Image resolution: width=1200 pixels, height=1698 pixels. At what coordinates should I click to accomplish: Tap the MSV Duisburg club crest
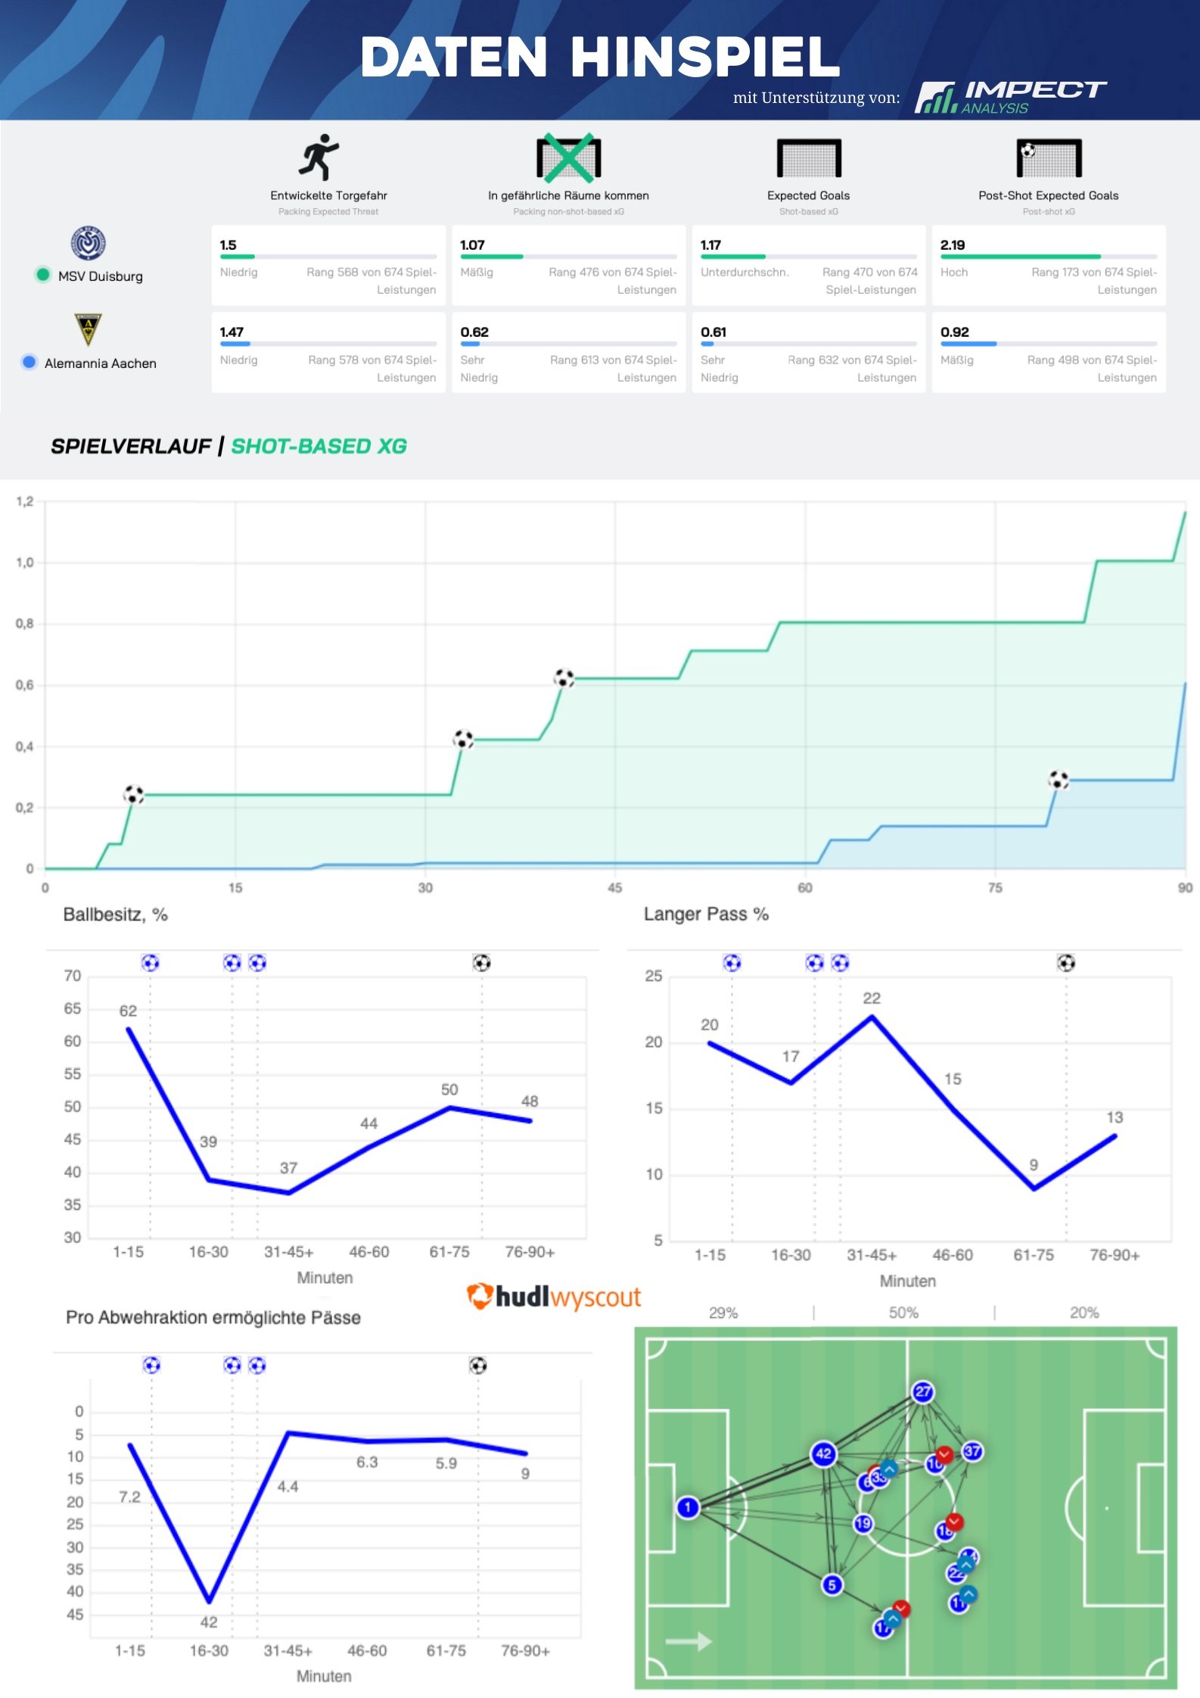tap(89, 243)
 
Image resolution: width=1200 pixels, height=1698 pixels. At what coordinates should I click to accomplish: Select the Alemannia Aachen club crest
tap(89, 329)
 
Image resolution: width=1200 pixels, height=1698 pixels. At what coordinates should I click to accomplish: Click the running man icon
tap(319, 157)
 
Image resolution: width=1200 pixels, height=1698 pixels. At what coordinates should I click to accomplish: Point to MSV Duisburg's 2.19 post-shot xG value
tap(952, 245)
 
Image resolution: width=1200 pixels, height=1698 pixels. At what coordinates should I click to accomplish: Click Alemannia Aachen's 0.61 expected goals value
tap(713, 332)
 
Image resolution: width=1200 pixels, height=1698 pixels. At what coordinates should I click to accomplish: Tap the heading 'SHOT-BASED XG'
tap(319, 446)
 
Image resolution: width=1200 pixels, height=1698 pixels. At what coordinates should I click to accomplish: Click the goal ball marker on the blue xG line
tap(1058, 779)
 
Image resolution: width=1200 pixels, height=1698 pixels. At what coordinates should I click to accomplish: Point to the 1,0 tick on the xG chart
tap(25, 562)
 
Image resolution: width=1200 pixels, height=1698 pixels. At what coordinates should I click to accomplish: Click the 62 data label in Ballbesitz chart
tap(128, 1011)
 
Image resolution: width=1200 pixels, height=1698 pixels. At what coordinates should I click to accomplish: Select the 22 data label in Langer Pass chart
tap(872, 998)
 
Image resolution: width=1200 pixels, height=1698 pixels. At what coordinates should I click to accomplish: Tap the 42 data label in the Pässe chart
tap(209, 1622)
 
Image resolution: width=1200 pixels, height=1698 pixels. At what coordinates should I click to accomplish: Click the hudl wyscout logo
tap(554, 1297)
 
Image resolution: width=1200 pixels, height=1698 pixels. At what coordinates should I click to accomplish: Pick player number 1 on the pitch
tap(688, 1507)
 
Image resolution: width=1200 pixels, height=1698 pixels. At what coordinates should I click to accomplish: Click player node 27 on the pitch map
tap(923, 1391)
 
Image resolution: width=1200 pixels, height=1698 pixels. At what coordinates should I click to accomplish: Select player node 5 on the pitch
tap(832, 1584)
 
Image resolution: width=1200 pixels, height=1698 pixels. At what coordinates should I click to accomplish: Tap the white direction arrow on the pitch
tap(689, 1641)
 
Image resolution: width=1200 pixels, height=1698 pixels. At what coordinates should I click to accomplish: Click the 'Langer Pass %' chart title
tap(706, 914)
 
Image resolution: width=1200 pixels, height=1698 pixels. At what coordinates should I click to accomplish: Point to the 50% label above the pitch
tap(903, 1313)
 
